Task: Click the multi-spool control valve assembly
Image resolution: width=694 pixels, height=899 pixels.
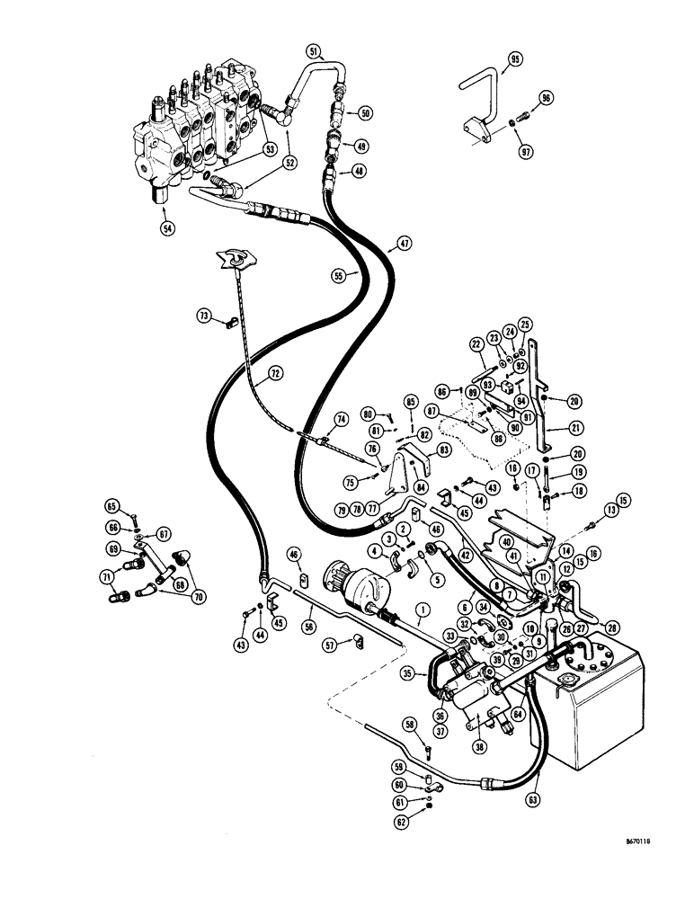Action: [x=198, y=121]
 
